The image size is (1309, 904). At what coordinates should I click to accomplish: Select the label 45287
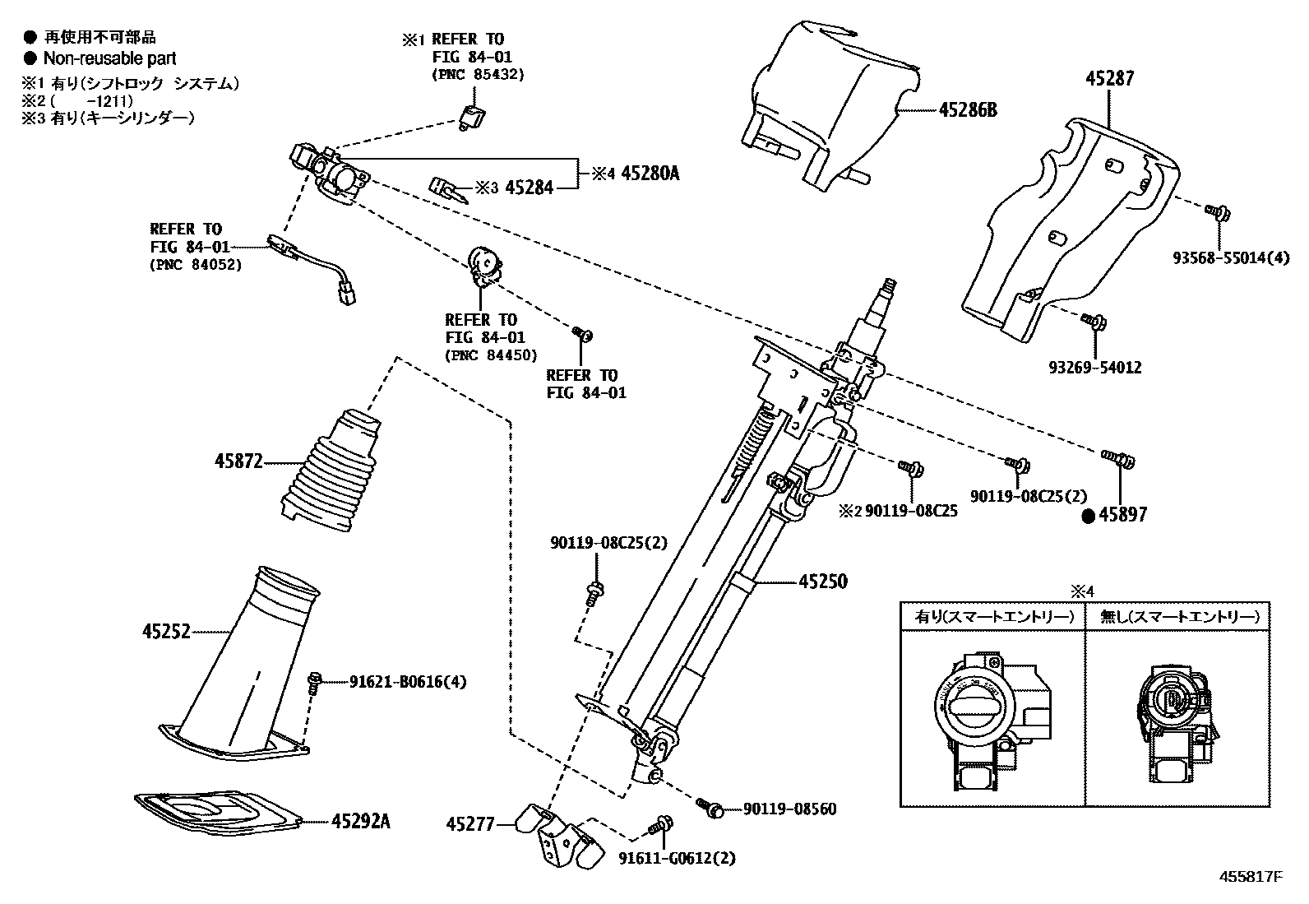pyautogui.click(x=1109, y=78)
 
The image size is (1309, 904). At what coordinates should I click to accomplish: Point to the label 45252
pyautogui.click(x=166, y=632)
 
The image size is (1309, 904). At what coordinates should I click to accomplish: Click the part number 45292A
pyautogui.click(x=361, y=820)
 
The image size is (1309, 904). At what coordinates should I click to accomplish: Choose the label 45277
pyautogui.click(x=471, y=823)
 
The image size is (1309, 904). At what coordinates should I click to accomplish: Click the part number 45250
pyautogui.click(x=822, y=582)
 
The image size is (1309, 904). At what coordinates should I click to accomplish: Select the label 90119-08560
pyautogui.click(x=789, y=809)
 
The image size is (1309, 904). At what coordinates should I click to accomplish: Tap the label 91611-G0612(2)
pyautogui.click(x=677, y=859)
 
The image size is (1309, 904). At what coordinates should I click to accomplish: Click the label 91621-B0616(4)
pyautogui.click(x=408, y=682)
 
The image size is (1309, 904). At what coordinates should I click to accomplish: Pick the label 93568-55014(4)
pyautogui.click(x=1230, y=258)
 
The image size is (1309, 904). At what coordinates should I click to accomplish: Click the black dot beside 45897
pyautogui.click(x=1089, y=516)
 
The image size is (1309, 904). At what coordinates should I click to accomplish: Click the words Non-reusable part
pyautogui.click(x=109, y=58)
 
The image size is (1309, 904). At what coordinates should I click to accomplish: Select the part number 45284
pyautogui.click(x=529, y=188)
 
